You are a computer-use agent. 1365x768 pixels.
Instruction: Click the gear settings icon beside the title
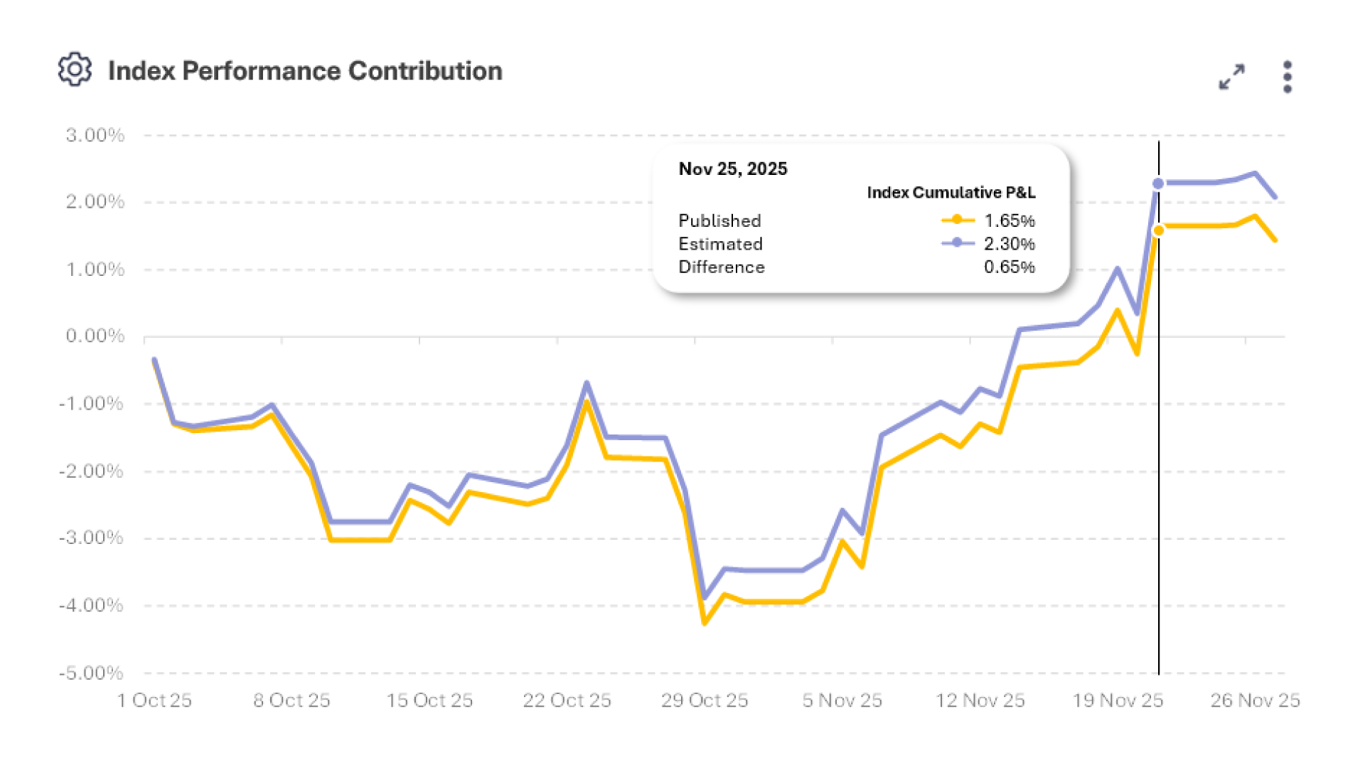coord(75,70)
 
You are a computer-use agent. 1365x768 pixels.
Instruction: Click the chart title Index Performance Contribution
coord(305,71)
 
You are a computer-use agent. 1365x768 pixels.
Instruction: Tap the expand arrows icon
coord(1231,77)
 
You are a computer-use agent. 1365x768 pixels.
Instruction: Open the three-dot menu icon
coord(1288,77)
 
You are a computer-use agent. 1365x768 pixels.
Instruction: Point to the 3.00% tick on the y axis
coord(95,135)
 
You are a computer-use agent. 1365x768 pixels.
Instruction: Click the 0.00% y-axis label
coord(95,336)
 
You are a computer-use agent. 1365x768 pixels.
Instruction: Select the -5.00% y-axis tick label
coord(91,673)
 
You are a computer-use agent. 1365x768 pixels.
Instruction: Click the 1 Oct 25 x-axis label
coord(154,700)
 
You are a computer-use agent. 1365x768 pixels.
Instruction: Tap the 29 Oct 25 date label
coord(705,700)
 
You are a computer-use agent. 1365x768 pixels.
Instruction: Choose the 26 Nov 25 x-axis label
coord(1255,700)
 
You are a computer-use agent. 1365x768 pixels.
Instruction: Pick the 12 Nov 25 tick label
coord(980,700)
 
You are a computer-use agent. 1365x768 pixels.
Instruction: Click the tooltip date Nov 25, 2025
coord(733,169)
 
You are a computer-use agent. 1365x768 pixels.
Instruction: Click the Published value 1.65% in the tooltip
coord(1009,220)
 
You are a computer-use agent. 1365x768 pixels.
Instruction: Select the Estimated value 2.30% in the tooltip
coord(1009,244)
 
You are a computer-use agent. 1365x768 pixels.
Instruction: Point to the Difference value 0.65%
coord(1009,267)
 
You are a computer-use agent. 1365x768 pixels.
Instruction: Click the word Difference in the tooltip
coord(722,267)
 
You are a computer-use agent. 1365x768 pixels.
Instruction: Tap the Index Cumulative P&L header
coord(951,193)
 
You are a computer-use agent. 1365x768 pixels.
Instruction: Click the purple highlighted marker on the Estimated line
coord(1158,183)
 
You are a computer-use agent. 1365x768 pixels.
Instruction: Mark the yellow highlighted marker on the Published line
coord(1159,230)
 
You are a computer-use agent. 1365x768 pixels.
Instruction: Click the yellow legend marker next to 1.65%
coord(958,220)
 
